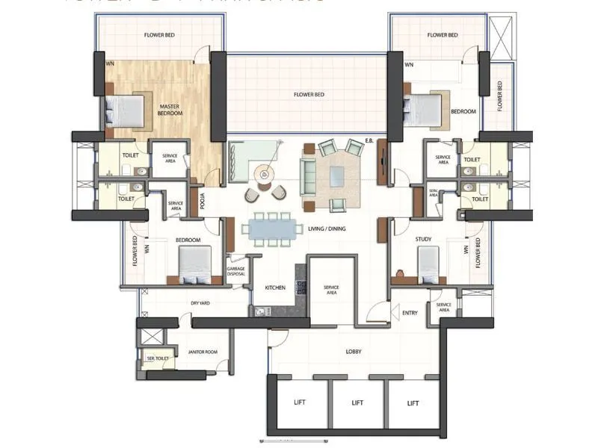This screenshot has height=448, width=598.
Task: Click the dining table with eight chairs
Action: [270, 228]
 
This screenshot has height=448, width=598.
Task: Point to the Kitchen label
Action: [275, 287]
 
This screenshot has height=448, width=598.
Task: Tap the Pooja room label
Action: [202, 202]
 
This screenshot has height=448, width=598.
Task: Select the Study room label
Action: [425, 239]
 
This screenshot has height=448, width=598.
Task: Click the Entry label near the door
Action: [410, 314]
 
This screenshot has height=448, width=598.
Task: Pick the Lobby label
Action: [354, 351]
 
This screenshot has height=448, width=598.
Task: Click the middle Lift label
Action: [357, 403]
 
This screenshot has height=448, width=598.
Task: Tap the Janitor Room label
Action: [203, 352]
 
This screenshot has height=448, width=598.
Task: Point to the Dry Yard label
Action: [200, 303]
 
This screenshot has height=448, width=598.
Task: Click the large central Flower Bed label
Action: [309, 95]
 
